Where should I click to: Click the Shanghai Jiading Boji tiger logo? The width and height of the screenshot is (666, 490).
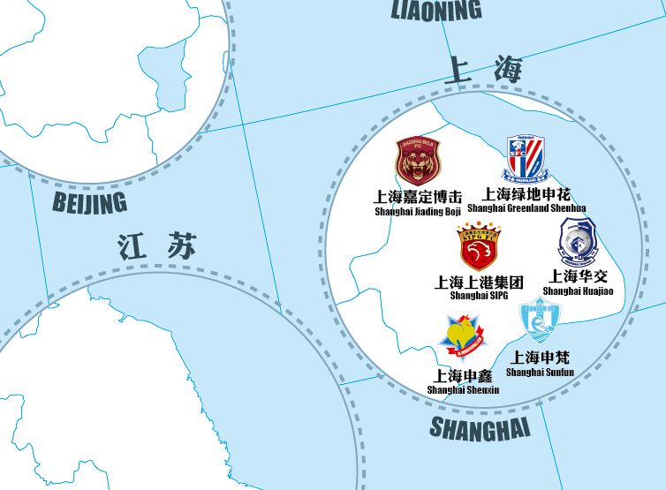coord(417,162)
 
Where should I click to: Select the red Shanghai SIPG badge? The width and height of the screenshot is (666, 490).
coord(478,247)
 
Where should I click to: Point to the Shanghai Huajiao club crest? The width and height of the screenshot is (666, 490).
coord(579,242)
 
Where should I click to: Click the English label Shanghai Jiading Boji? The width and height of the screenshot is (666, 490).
coord(418,212)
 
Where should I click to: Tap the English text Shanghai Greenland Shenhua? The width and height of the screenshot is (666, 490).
coord(526,208)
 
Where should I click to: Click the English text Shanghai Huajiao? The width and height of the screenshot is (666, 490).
coord(578,291)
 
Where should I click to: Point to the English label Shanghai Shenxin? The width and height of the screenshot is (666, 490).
coord(463,389)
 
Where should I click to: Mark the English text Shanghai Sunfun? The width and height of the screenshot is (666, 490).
coord(540,372)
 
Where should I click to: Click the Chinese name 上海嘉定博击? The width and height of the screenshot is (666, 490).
coord(418,197)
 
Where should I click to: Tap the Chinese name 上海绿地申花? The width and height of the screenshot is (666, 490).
coord(526,193)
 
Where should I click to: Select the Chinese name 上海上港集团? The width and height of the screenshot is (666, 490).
coord(479,282)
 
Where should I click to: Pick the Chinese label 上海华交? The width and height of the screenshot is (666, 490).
coord(578,277)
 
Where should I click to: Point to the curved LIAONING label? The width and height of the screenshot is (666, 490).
coord(436,10)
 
